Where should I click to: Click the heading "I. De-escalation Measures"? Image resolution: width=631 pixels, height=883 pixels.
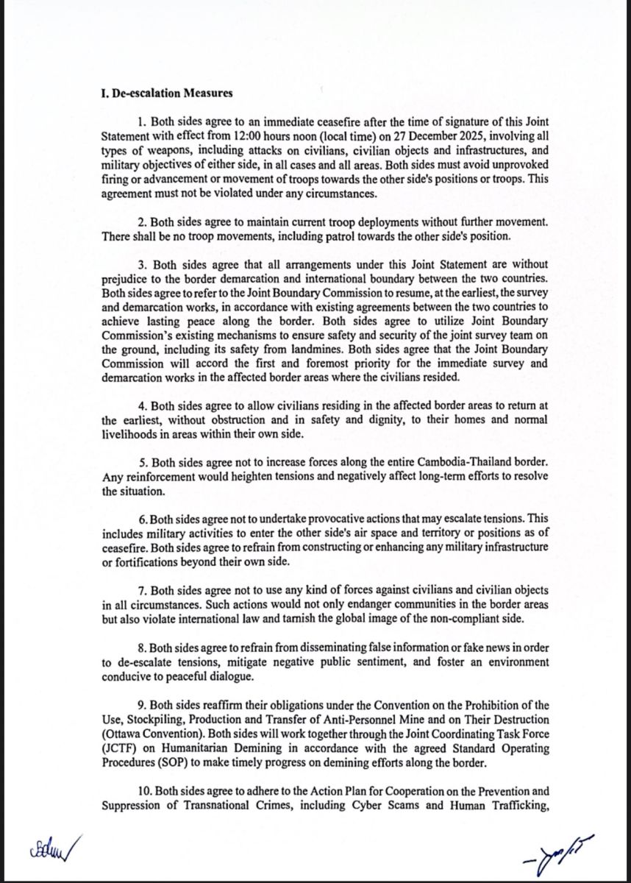tap(167, 93)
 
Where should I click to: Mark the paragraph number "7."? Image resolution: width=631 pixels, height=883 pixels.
tap(143, 592)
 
